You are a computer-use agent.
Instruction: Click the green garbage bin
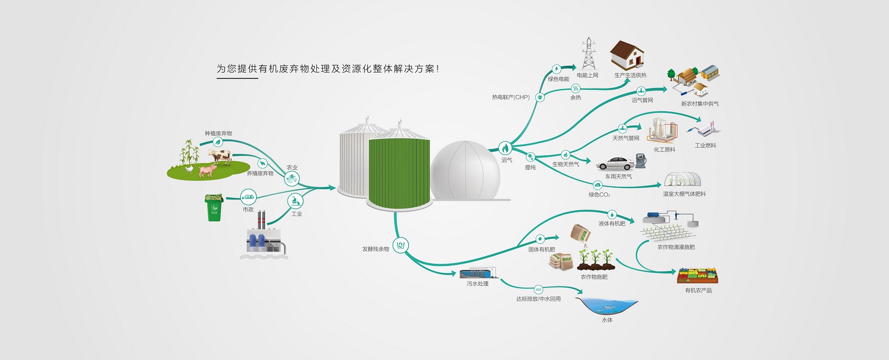tap(214, 208)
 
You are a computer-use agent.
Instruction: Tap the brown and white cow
tap(220, 156)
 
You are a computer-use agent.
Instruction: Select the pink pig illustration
tap(207, 169)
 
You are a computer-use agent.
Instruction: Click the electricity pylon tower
tap(589, 53)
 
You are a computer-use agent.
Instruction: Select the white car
tap(615, 164)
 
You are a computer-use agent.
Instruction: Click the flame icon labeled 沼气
tap(505, 149)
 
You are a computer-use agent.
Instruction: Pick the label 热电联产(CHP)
tap(511, 97)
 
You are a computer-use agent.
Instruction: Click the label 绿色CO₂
tap(600, 195)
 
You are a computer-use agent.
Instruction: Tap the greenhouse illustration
tap(682, 180)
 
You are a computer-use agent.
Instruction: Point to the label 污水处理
tap(478, 284)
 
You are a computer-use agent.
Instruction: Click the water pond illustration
tap(607, 306)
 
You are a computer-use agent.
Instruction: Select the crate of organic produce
tap(697, 276)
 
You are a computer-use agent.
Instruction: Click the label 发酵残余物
tap(375, 249)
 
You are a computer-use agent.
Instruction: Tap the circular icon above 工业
tap(295, 201)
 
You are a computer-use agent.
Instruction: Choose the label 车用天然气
tap(619, 176)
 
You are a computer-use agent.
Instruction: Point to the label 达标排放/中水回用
tap(538, 299)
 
